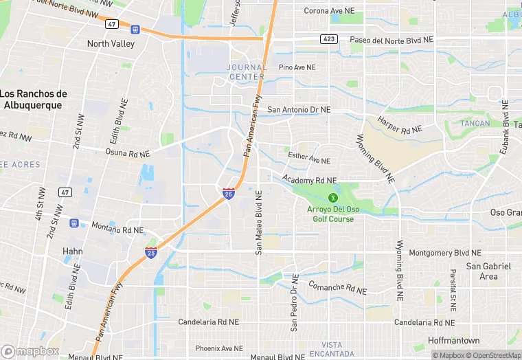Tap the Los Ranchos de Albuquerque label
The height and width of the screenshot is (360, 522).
[32, 100]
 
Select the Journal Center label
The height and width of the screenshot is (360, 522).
[247, 72]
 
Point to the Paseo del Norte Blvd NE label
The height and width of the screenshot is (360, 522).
[391, 40]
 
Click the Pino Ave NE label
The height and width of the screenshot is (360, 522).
[297, 67]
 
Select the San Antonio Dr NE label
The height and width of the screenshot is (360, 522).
[299, 109]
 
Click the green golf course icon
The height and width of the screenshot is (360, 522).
[333, 198]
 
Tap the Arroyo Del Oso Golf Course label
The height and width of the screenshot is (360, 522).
[332, 214]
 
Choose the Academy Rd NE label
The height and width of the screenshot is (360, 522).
[309, 180]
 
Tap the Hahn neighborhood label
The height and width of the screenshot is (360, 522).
[73, 251]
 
